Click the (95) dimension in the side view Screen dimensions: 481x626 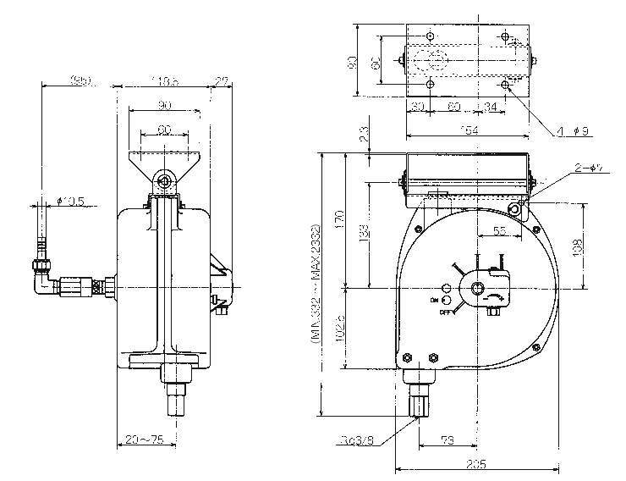pos(81,82)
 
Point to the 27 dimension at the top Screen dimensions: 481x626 pos(222,82)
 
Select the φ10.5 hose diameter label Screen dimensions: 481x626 pos(69,201)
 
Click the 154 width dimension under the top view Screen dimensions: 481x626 pos(467,130)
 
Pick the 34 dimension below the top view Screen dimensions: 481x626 pos(491,108)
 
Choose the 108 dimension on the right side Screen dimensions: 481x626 pos(576,245)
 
